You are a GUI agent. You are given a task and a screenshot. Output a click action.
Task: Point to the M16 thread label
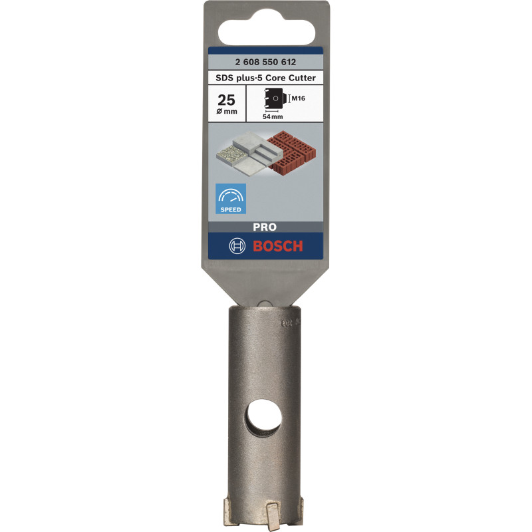coord(299,99)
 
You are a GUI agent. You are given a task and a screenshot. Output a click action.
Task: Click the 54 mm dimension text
coord(272,116)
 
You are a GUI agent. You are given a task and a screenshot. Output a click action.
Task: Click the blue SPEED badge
coord(231,199)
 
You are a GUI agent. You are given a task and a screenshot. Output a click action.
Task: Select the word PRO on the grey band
coord(265,226)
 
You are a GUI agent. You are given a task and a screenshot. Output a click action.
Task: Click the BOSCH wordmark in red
coord(277,246)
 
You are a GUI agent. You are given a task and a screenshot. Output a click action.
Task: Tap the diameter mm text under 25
coord(227,112)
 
